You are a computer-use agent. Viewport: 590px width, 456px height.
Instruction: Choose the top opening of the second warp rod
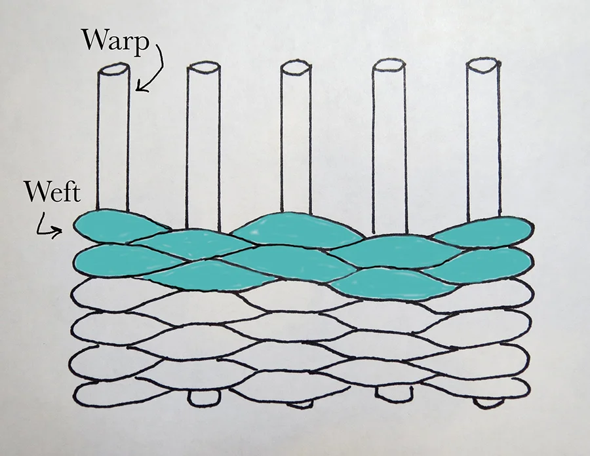coord(203,67)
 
